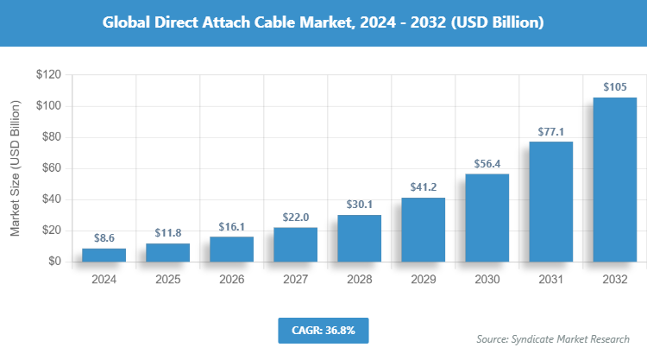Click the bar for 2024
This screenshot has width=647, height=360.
tap(104, 255)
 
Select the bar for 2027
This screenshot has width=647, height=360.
tap(296, 244)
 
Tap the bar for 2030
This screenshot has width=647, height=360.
tap(487, 218)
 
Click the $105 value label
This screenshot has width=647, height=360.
tap(614, 86)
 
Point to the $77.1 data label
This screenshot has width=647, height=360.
tap(550, 130)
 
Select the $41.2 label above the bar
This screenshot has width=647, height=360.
tap(424, 186)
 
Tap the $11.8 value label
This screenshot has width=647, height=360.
tap(168, 231)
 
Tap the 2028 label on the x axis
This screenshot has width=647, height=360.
tap(360, 280)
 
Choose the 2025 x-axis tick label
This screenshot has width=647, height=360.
tap(168, 280)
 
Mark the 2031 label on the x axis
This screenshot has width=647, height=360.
tap(550, 280)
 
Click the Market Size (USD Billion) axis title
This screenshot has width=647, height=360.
tap(15, 168)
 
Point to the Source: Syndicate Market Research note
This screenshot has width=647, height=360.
tap(553, 339)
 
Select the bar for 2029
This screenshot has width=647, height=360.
tap(424, 230)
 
